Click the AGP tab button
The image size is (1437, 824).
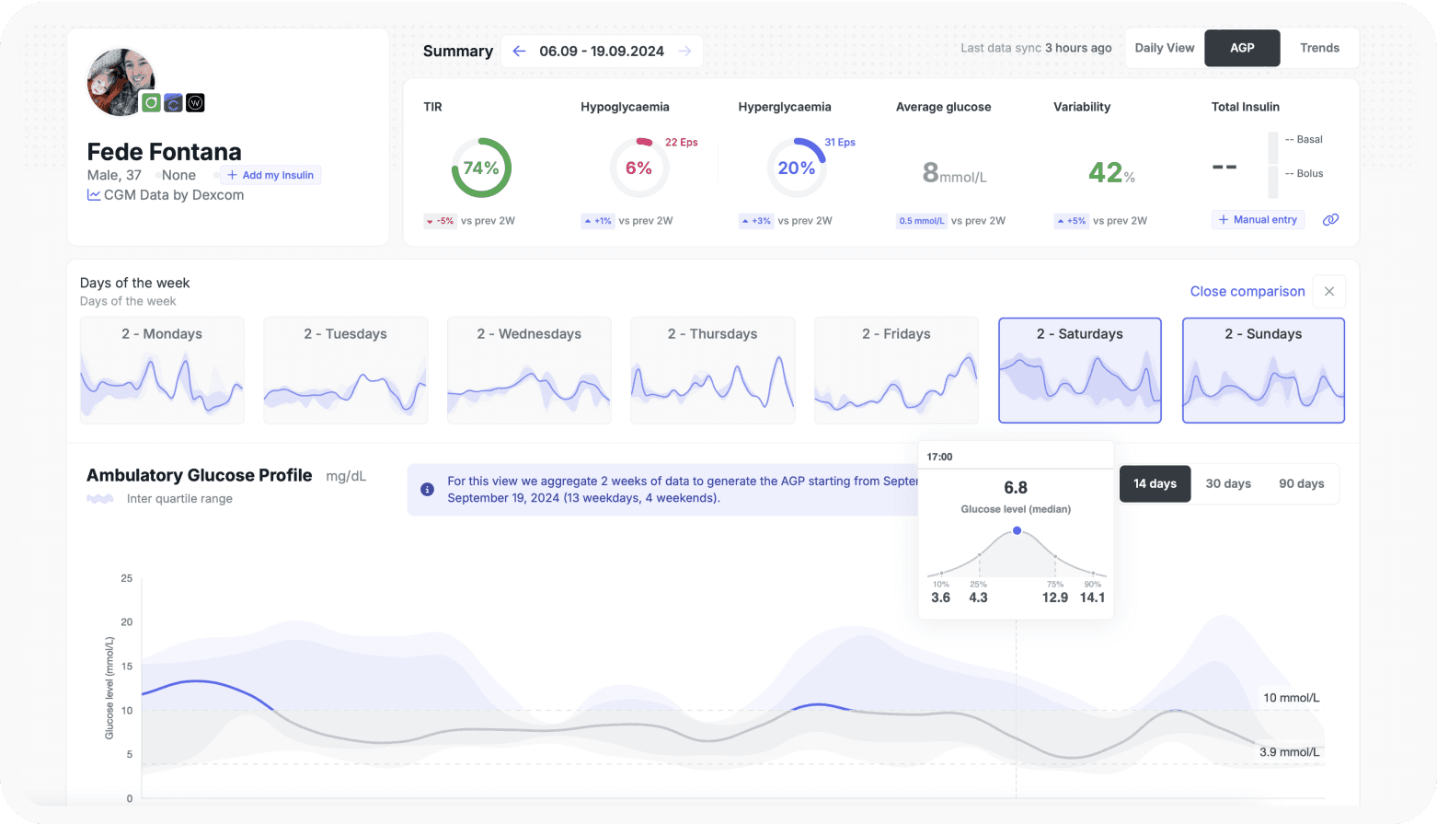tap(1242, 48)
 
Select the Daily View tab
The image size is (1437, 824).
tap(1164, 48)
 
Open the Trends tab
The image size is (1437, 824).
tap(1319, 48)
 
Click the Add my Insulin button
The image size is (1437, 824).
tap(270, 175)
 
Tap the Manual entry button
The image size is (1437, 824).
tap(1258, 220)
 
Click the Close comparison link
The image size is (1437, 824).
tap(1247, 291)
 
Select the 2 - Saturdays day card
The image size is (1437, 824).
tap(1079, 370)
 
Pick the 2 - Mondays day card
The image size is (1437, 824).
tap(162, 370)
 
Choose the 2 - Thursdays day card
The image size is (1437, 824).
tap(712, 370)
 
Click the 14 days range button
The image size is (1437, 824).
tap(1155, 483)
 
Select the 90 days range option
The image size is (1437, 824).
tap(1301, 483)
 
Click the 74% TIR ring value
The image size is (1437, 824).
tap(481, 168)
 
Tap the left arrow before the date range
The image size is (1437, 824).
tap(519, 51)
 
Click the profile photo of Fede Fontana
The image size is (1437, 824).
tap(121, 82)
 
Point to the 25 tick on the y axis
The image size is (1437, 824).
tap(127, 578)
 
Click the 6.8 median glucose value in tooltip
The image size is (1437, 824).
tap(1016, 487)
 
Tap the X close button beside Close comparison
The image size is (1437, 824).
tap(1328, 291)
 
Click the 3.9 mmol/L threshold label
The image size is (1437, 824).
tap(1289, 752)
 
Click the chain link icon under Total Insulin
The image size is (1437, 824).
tap(1330, 220)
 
